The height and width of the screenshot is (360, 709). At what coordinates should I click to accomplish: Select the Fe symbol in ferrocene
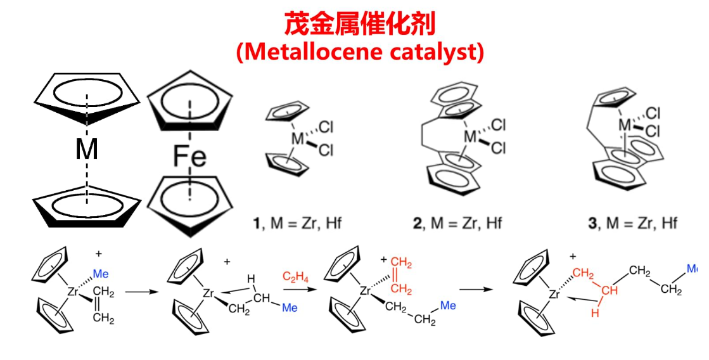pos(189,157)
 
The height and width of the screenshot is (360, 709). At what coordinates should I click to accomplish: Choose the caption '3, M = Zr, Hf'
pos(634,223)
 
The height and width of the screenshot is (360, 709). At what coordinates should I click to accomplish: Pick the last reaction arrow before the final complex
pos(479,290)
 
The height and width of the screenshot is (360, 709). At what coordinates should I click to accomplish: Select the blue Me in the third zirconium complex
pos(448,305)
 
